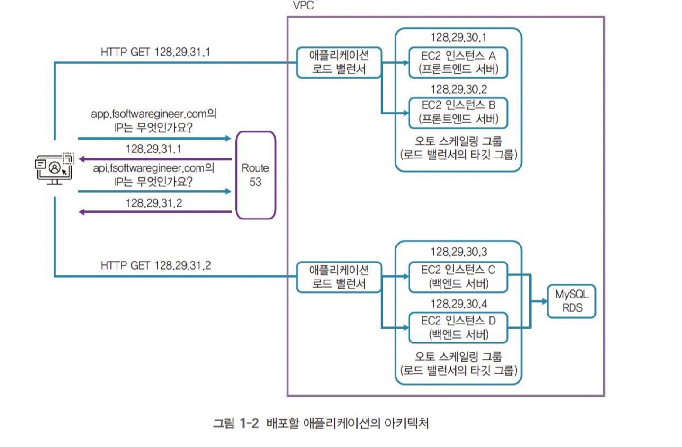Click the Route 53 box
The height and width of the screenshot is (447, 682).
(255, 175)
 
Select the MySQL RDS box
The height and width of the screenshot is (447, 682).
(572, 301)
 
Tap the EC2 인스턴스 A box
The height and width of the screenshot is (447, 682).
(458, 62)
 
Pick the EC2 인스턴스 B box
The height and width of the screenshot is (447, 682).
(458, 112)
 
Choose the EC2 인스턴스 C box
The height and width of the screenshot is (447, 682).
(458, 277)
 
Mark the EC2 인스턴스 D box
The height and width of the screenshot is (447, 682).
(458, 327)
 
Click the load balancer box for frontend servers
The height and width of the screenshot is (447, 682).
(339, 62)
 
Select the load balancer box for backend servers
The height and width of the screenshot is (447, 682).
(339, 277)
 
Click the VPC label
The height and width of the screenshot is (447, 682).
(303, 6)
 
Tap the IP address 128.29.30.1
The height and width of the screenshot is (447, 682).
(458, 37)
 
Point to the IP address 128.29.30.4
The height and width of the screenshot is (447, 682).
(458, 304)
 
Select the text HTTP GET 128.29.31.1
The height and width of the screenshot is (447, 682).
(155, 52)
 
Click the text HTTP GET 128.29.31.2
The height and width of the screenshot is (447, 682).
(155, 265)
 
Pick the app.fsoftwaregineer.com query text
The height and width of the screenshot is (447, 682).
(153, 121)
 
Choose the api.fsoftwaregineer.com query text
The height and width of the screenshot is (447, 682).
(153, 175)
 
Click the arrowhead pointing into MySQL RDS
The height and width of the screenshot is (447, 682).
(545, 301)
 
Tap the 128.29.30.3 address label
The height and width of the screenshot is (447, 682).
(458, 252)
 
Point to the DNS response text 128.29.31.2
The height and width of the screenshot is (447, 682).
(153, 203)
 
